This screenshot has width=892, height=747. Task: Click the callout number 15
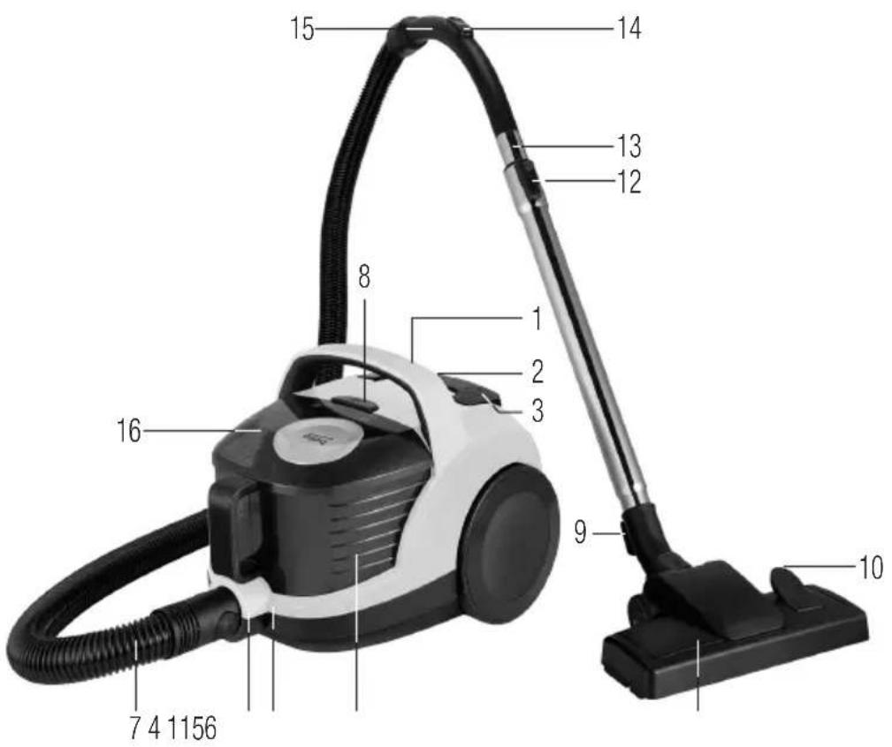pos(302,28)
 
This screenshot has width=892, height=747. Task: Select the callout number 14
pos(629,28)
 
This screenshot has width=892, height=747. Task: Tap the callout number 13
pos(629,146)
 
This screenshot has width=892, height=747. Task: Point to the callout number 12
pos(629,182)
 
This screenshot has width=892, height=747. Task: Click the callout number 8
pos(364,277)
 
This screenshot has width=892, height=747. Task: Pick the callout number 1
pos(537,319)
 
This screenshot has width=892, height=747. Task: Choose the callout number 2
pos(537,372)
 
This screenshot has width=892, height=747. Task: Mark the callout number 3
pos(537,410)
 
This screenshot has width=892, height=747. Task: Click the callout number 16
pos(128,431)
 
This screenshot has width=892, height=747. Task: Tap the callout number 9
pos(580,532)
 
